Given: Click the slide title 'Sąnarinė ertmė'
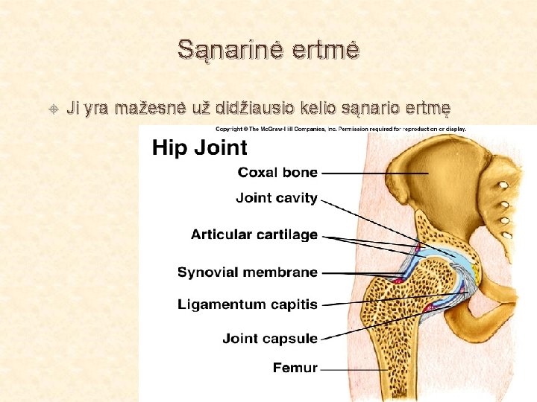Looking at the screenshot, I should coord(268,50).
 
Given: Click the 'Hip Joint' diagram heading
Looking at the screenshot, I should coord(200,147).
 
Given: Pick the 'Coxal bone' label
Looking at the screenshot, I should coord(277,173).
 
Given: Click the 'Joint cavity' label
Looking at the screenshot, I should coord(277,198).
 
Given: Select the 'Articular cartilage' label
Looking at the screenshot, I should coord(254,234).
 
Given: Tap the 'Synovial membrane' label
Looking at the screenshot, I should coord(248,272).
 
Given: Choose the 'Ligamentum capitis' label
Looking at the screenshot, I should coord(248,304).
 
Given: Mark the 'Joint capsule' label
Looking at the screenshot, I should coord(270,339).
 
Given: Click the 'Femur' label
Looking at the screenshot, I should coord(295,368).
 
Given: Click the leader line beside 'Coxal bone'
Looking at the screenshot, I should coord(373,173).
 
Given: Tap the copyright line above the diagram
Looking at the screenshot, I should coord(341,129).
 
